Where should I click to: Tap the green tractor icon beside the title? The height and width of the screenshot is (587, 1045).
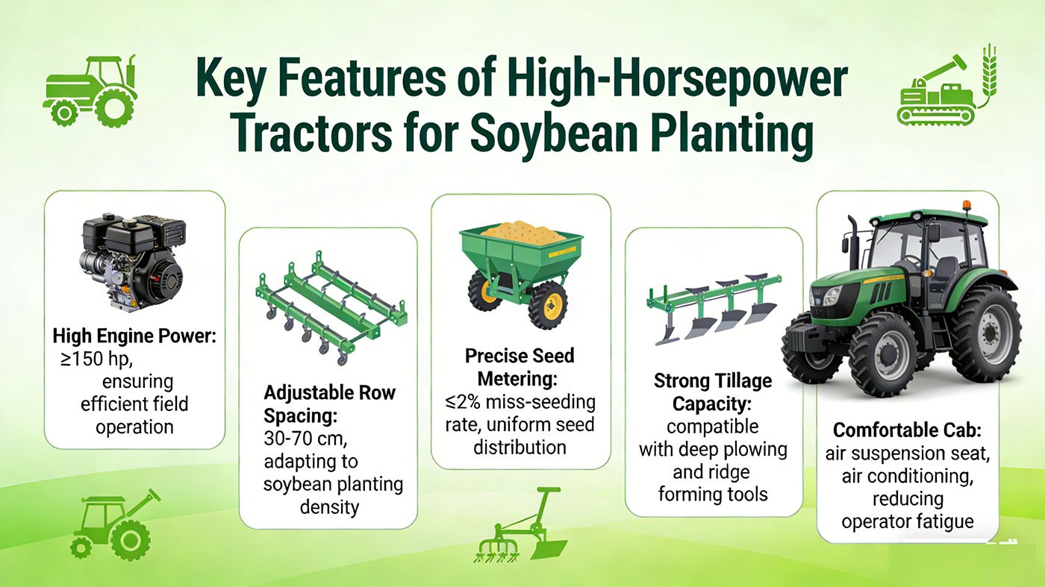coord(90,90)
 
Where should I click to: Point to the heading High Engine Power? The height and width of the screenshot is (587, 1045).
coord(134,336)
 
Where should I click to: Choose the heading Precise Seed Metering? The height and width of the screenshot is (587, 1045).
coord(520,367)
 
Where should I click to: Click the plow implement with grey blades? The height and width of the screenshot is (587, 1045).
coord(713,306)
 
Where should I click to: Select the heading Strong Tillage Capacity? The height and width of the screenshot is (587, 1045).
coord(713,392)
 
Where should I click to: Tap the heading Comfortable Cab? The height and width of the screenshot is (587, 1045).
coord(908,430)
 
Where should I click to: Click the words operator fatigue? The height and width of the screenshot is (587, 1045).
coord(908,521)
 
